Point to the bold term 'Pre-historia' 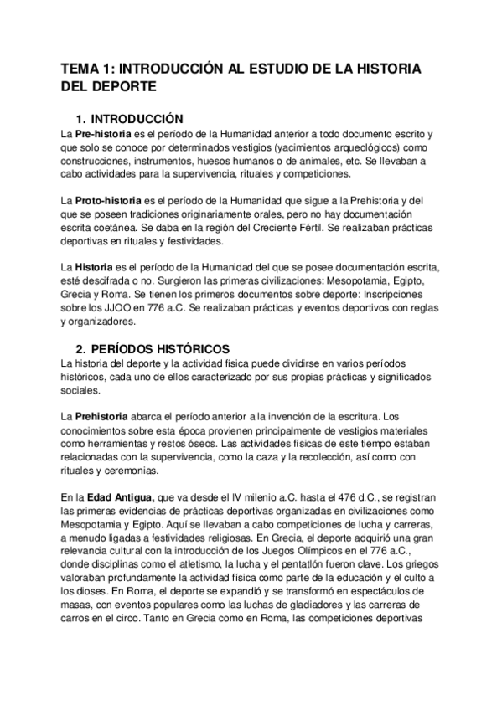[x=103, y=134]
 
